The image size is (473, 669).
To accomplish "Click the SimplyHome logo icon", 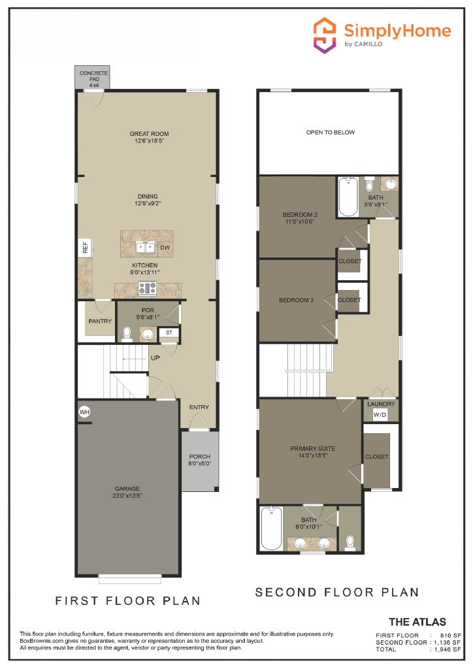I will click(325, 35).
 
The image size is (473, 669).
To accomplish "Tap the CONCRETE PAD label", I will click(93, 74).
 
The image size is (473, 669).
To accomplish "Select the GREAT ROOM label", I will click(149, 134).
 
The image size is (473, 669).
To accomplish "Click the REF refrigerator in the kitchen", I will click(84, 248).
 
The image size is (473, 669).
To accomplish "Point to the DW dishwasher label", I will click(165, 248).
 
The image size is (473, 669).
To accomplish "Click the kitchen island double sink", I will click(145, 247).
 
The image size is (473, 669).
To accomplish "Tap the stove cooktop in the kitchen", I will click(147, 287).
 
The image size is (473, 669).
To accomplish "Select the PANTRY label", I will click(100, 321).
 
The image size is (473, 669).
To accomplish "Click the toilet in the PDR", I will click(127, 334).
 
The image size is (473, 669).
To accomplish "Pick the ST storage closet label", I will click(169, 333).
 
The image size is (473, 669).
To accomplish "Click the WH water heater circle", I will click(84, 412).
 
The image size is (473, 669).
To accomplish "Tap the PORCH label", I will click(199, 457).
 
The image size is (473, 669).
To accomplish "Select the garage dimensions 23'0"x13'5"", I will click(128, 496).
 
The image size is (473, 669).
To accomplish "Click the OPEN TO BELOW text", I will click(331, 133).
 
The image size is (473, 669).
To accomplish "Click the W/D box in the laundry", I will click(380, 415).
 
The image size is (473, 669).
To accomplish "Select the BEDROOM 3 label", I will click(297, 300).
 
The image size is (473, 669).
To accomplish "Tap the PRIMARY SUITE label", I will click(313, 448).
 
